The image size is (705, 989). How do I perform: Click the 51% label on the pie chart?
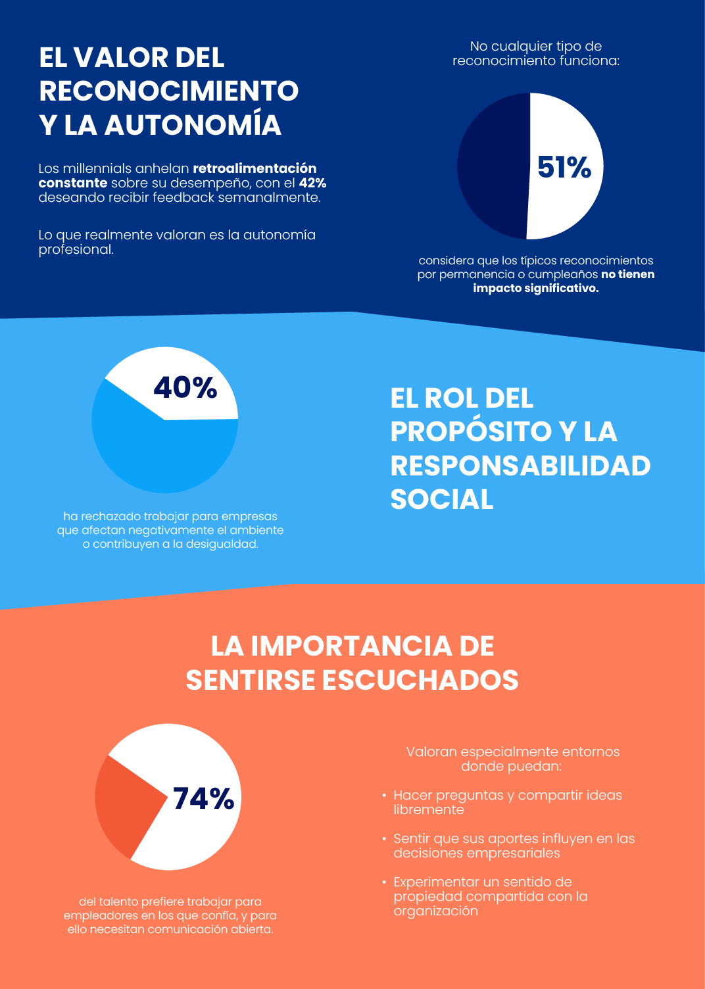pyautogui.click(x=564, y=167)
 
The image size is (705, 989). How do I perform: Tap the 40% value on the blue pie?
pyautogui.click(x=185, y=387)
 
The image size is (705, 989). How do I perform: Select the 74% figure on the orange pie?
pyautogui.click(x=204, y=798)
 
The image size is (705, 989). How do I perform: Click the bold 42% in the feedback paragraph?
pyautogui.click(x=312, y=183)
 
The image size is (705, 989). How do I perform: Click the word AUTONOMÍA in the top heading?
pyautogui.click(x=193, y=125)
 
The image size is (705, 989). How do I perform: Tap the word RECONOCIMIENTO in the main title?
pyautogui.click(x=169, y=91)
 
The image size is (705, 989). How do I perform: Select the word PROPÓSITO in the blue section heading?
pyautogui.click(x=471, y=431)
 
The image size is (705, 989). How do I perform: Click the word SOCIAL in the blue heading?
pyautogui.click(x=442, y=499)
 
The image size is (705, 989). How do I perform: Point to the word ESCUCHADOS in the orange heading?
pyautogui.click(x=420, y=680)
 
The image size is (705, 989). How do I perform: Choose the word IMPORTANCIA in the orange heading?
pyautogui.click(x=351, y=646)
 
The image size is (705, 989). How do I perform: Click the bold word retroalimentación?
pyautogui.click(x=255, y=168)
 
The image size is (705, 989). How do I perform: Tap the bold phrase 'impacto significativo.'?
pyautogui.click(x=536, y=288)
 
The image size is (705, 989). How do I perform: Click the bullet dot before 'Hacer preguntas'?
pyautogui.click(x=384, y=795)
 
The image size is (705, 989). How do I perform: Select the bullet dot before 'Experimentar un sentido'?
pyautogui.click(x=384, y=882)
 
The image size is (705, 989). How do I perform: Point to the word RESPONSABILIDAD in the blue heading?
pyautogui.click(x=520, y=466)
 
